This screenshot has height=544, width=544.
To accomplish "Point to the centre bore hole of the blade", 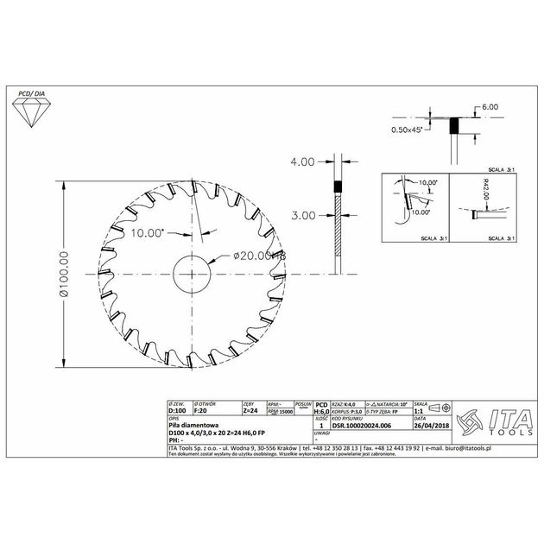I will tap(198, 274).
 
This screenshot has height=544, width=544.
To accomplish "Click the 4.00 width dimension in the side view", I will tap(304, 161).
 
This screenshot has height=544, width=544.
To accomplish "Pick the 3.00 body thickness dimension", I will tap(304, 216).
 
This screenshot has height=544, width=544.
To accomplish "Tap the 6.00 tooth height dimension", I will tap(490, 106).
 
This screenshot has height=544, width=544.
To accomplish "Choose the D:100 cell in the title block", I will tap(177, 412).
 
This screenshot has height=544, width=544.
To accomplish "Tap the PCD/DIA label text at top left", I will tap(33, 91).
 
